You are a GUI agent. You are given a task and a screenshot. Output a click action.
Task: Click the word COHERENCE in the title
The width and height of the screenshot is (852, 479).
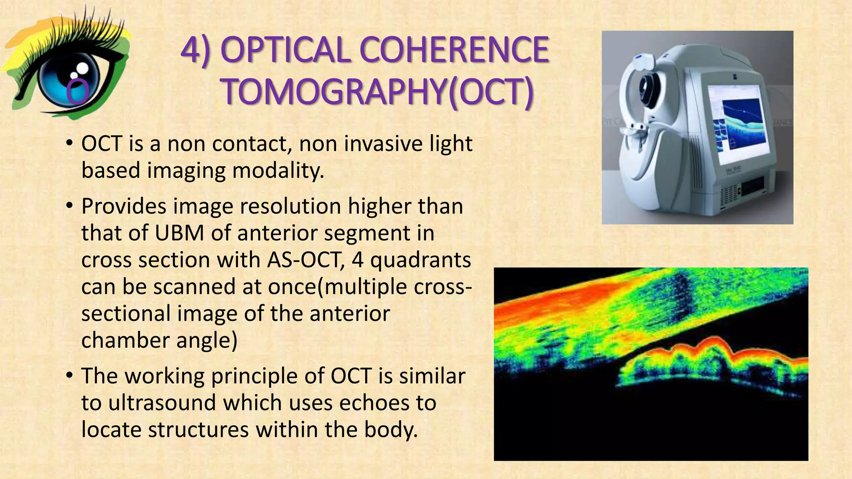click(454, 50)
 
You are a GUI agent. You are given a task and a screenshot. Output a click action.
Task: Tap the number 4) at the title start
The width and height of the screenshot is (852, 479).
click(196, 50)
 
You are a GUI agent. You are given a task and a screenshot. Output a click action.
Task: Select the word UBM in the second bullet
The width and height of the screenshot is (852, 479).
click(179, 233)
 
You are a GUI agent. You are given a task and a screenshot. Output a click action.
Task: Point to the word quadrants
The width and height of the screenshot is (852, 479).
click(420, 260)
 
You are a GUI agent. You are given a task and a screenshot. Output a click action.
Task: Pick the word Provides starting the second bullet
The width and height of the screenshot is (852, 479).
click(124, 206)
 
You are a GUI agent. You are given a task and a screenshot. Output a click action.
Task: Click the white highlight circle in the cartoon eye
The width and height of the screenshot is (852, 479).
click(82, 68)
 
